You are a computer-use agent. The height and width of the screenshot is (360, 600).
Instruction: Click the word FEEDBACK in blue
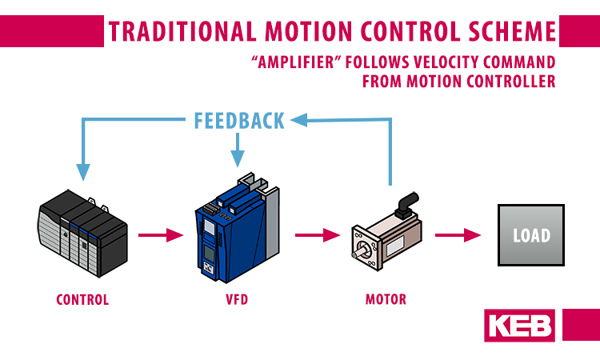pos(239,121)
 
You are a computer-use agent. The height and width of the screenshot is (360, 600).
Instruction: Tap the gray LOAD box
pos(530,235)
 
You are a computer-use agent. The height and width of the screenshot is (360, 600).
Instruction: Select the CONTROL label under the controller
pos(82,299)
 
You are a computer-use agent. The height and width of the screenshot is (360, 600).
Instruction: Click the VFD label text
pos(237,299)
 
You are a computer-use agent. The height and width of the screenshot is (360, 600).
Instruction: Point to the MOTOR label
pos(386,299)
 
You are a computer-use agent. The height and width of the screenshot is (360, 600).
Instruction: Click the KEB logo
pos(519,326)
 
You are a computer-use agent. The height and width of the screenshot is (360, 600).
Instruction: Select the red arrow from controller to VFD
pos(161,235)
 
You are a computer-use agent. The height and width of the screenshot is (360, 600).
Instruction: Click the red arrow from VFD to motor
pos(318,235)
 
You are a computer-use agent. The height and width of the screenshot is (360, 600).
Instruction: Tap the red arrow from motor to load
pos(458,235)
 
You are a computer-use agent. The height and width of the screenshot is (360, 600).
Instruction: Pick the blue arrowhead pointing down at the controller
pos(83,172)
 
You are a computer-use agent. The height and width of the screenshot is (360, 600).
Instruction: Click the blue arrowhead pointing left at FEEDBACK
pos(299,120)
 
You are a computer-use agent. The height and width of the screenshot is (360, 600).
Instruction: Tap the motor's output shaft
pos(358,253)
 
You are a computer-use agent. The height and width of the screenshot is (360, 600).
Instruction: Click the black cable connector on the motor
pos(407,205)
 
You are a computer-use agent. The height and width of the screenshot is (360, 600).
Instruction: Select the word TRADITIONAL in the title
pos(182,31)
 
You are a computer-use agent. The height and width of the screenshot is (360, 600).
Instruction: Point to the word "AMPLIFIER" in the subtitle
pos(296,62)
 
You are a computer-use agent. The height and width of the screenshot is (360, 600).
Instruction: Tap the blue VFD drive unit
pos(238,228)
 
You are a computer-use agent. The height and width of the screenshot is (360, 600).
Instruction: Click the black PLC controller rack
pos(82,234)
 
